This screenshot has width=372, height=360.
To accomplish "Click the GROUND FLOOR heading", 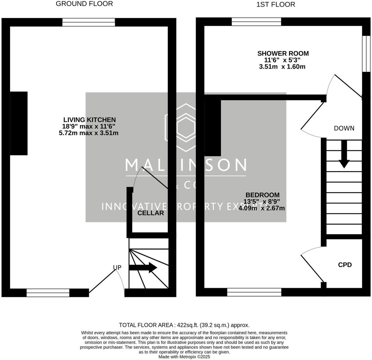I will click(84, 4).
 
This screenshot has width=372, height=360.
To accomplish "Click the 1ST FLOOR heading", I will click(276, 4).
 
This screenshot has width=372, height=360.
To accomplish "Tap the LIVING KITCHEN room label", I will click(89, 120).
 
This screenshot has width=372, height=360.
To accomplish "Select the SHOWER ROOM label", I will click(283, 54).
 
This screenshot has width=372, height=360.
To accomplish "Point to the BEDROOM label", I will click(262, 195).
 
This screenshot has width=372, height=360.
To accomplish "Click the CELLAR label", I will click(151, 213).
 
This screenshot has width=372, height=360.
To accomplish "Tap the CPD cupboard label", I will click(345, 265).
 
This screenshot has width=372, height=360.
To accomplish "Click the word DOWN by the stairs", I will click(344, 128).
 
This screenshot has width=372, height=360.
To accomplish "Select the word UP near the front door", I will click(117, 267).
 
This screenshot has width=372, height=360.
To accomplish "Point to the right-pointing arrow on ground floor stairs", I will click(143, 268).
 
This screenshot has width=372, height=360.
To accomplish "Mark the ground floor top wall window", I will click(89, 22).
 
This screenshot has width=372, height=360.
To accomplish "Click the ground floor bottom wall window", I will click(48, 293).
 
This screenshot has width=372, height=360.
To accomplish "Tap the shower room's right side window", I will click(366, 54).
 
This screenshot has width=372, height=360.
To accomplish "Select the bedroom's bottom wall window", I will click(254, 293).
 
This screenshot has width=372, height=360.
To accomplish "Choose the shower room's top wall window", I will click(256, 21).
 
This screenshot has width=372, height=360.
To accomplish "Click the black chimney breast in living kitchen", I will click(19, 123).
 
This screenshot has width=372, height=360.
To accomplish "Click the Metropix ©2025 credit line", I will click(184, 357).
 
